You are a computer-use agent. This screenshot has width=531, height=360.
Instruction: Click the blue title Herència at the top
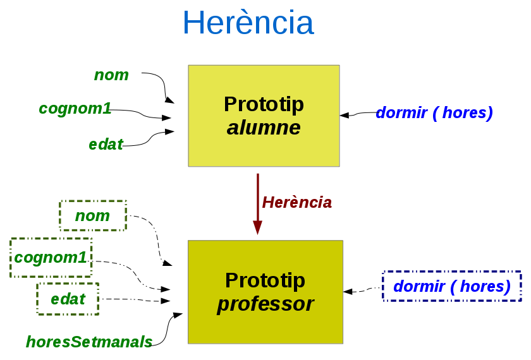(x=248, y=23)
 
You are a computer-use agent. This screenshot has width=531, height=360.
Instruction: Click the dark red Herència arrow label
(x=296, y=202)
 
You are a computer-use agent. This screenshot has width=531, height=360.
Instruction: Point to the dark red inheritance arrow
(x=257, y=202)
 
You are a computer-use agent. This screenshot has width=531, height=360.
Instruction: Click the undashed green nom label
(x=111, y=75)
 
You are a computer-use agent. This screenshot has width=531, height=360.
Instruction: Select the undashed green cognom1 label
(x=75, y=109)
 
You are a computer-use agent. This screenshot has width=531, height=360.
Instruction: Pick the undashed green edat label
(x=106, y=145)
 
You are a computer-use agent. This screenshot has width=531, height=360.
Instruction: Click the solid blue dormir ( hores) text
(x=434, y=113)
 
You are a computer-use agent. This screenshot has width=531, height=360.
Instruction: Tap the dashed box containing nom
(x=93, y=216)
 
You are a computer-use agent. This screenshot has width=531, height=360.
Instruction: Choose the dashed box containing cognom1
(x=51, y=258)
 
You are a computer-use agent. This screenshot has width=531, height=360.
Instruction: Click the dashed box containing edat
(x=68, y=299)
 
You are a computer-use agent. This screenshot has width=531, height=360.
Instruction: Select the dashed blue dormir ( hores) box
(x=451, y=286)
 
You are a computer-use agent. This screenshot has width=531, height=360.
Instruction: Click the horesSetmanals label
(x=89, y=342)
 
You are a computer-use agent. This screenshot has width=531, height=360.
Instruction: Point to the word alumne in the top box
(x=264, y=128)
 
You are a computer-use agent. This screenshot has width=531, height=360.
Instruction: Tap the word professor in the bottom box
(x=265, y=304)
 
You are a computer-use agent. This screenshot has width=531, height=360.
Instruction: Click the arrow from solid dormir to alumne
(x=357, y=114)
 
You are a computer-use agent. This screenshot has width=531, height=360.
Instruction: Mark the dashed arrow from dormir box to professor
(x=363, y=291)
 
